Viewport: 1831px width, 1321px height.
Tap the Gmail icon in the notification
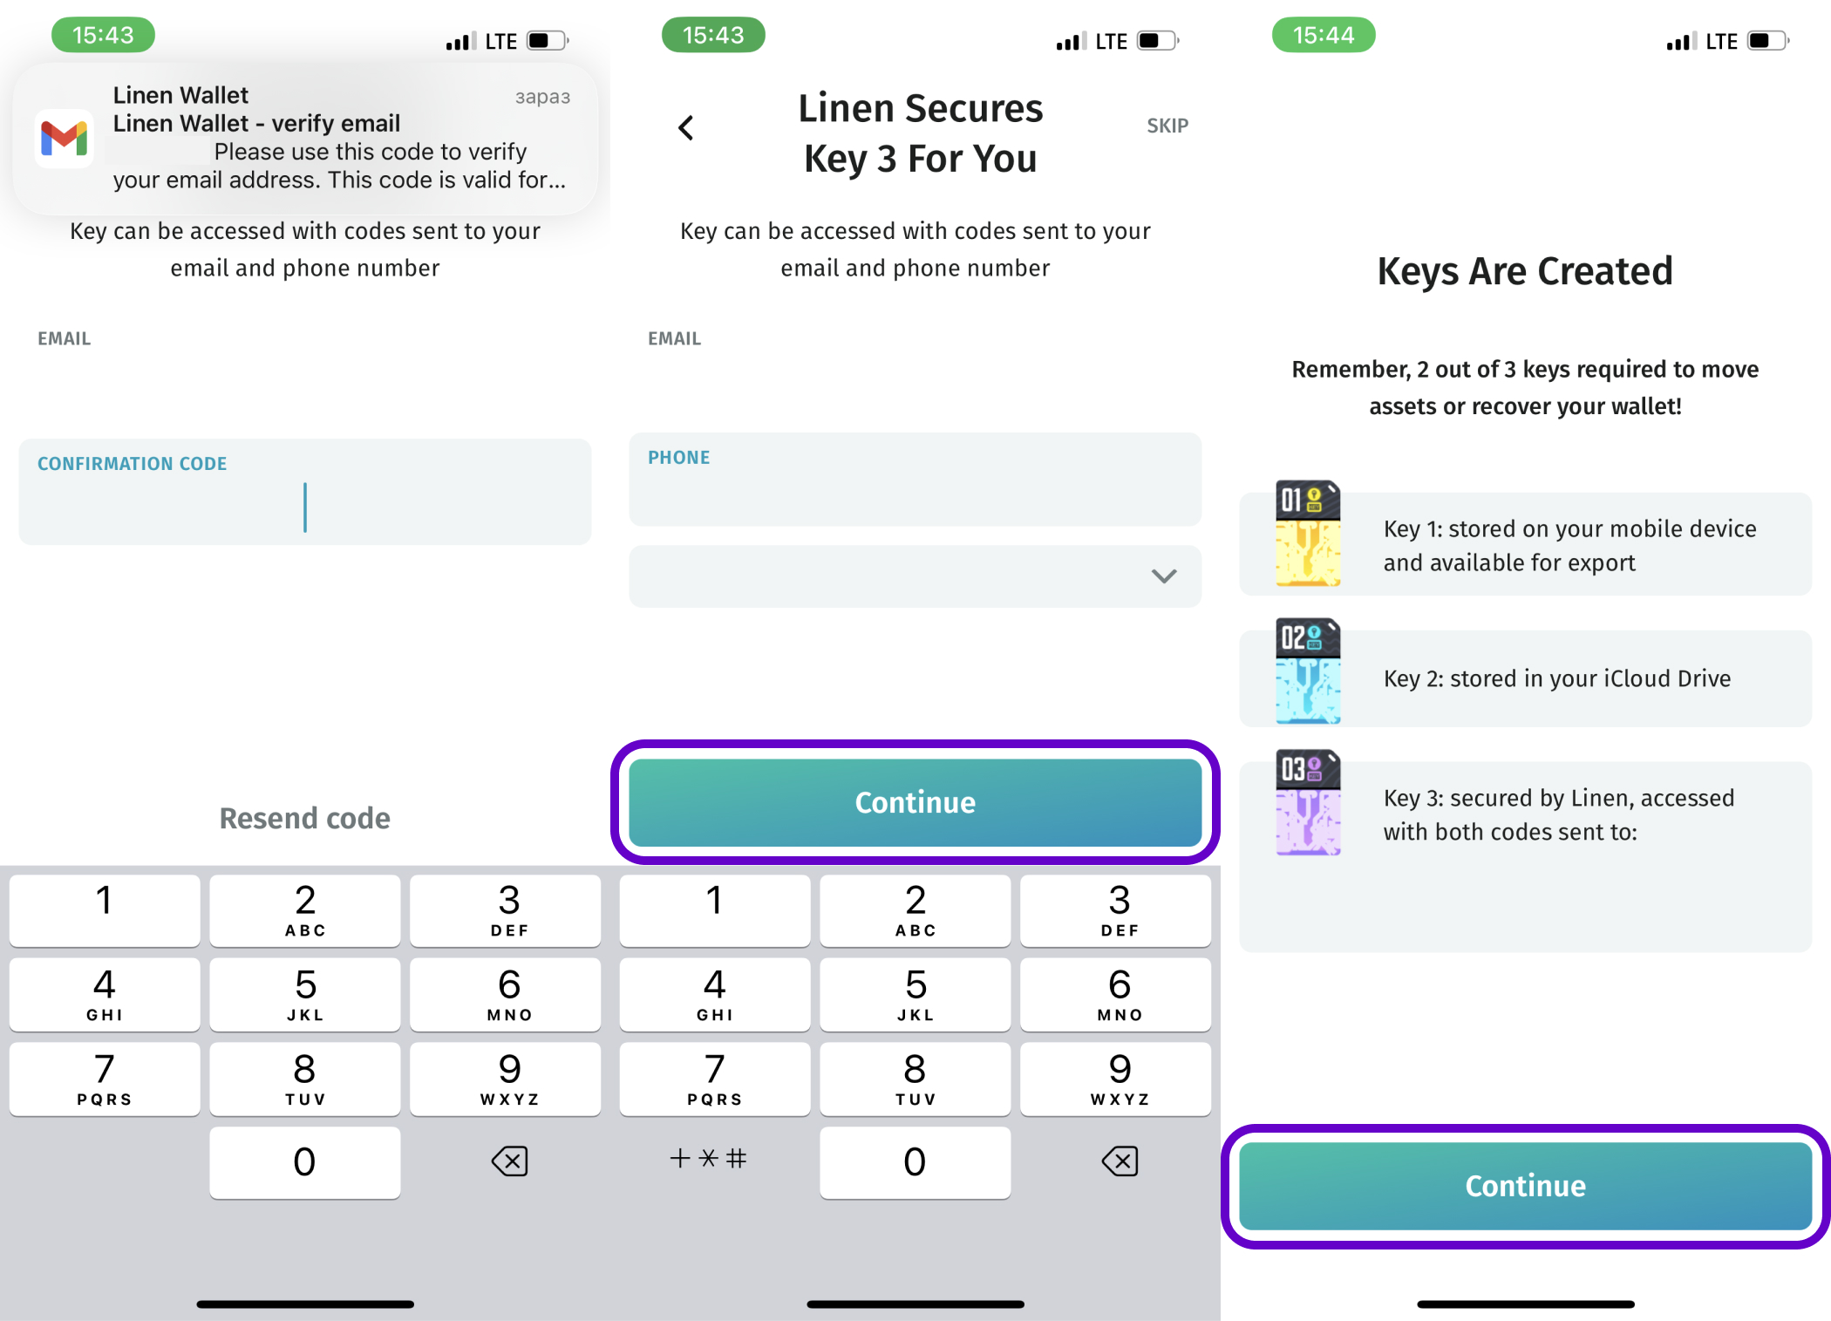pos(65,138)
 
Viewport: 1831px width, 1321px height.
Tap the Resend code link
pos(305,818)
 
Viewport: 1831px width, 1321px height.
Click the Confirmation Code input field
pos(305,492)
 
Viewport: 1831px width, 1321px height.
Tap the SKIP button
pos(1167,126)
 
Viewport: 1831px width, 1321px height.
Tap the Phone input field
pos(916,479)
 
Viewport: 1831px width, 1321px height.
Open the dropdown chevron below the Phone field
pos(1164,575)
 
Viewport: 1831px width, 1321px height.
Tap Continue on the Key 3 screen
pos(916,802)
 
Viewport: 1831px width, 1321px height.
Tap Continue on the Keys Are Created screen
pos(1526,1186)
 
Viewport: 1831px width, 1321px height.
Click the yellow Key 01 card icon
pos(1308,533)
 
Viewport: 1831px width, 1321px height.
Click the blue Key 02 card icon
pos(1308,671)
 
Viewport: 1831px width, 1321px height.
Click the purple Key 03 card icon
pos(1308,802)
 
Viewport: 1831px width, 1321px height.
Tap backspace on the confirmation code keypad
pos(509,1161)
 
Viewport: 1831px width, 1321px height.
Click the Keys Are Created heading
pos(1525,271)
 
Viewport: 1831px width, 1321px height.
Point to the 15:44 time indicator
pos(1324,35)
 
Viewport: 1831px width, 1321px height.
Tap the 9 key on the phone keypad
pos(1120,1079)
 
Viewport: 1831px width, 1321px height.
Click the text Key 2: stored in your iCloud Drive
pos(1557,678)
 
